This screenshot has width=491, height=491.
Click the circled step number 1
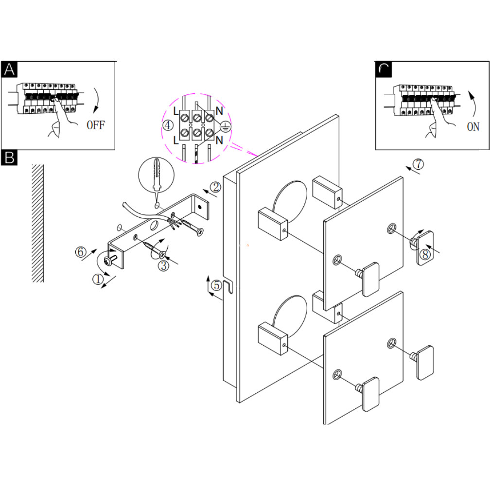pyautogui.click(x=98, y=279)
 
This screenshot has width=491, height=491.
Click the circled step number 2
pyautogui.click(x=216, y=187)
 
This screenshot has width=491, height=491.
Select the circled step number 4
pyautogui.click(x=168, y=125)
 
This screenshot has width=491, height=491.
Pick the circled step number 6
pyautogui.click(x=81, y=252)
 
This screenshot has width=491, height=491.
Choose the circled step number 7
pyautogui.click(x=418, y=164)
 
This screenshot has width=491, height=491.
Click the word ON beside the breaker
pyautogui.click(x=473, y=127)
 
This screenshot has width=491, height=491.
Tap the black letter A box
pyautogui.click(x=9, y=70)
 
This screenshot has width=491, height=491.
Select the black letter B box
pyautogui.click(x=9, y=157)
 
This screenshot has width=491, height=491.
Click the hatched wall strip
pyautogui.click(x=37, y=223)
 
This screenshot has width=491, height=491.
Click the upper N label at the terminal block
pyautogui.click(x=219, y=111)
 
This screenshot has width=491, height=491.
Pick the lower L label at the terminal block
pyautogui.click(x=175, y=140)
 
